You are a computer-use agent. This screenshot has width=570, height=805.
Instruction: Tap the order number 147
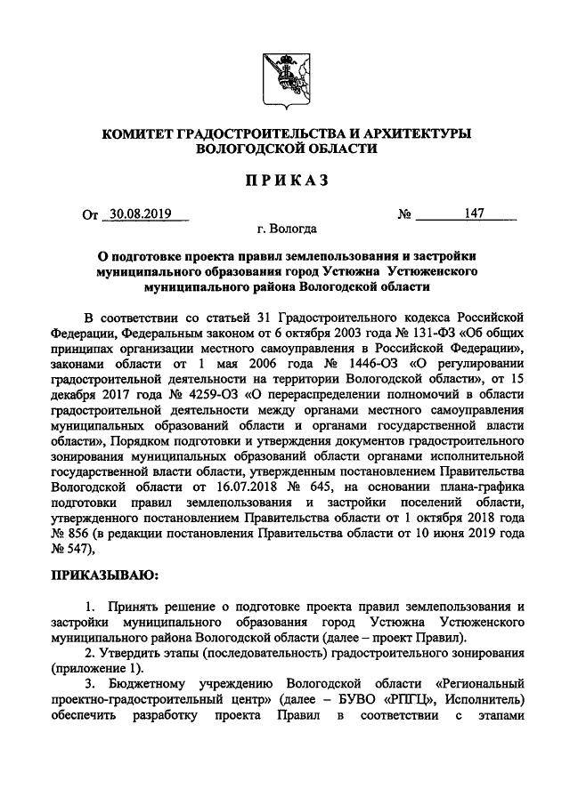pos(474,214)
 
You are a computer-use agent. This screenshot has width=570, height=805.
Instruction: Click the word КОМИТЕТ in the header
pos(140,133)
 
